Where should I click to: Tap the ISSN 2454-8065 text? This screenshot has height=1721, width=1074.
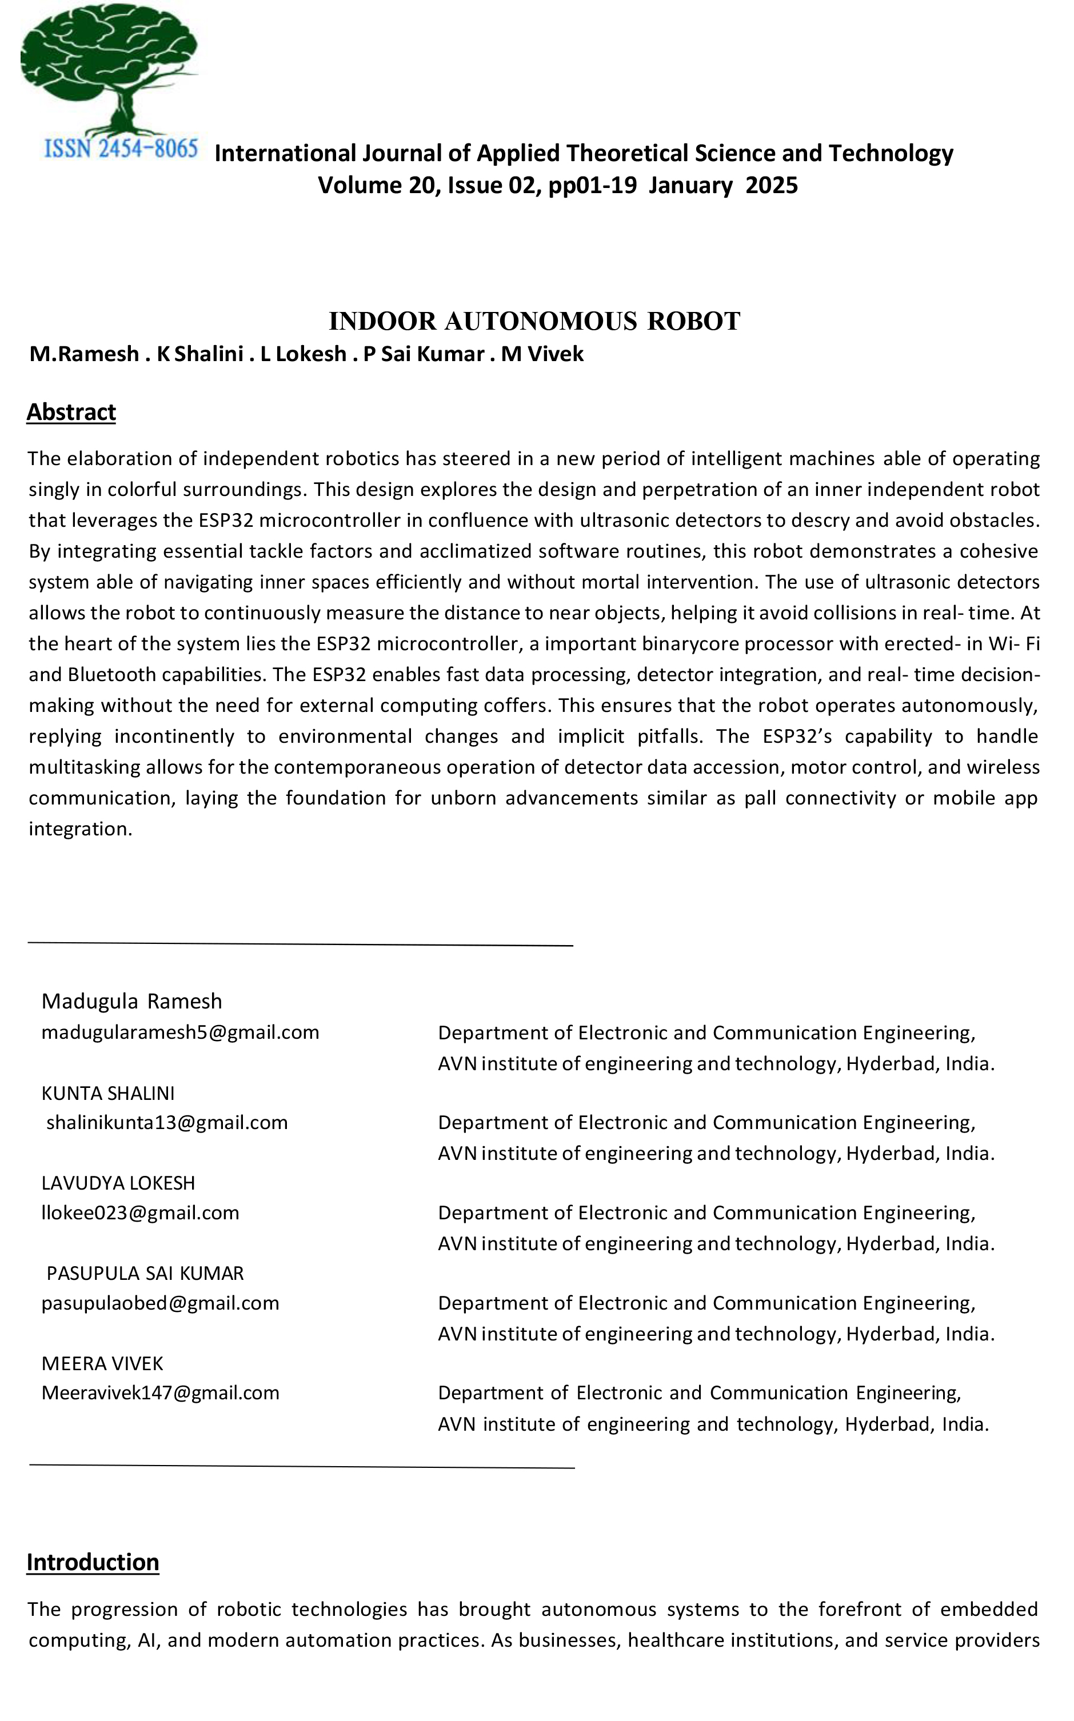pos(121,149)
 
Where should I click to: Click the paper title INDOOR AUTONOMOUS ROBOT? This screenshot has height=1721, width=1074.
pos(534,321)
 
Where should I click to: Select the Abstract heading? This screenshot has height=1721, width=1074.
pos(71,412)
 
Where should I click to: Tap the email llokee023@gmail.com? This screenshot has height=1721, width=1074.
pos(141,1212)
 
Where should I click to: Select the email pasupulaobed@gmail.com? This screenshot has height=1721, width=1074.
pos(161,1303)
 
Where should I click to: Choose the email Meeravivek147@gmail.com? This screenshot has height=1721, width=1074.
pos(161,1392)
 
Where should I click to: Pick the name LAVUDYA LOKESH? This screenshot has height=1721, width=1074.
pos(118,1182)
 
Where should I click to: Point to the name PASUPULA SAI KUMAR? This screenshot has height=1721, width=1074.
pos(145,1273)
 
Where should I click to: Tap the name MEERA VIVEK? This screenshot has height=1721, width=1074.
pos(102,1363)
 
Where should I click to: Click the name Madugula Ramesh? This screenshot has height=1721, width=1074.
pos(132,1001)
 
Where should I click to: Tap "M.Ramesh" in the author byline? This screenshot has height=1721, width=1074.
pos(84,354)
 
